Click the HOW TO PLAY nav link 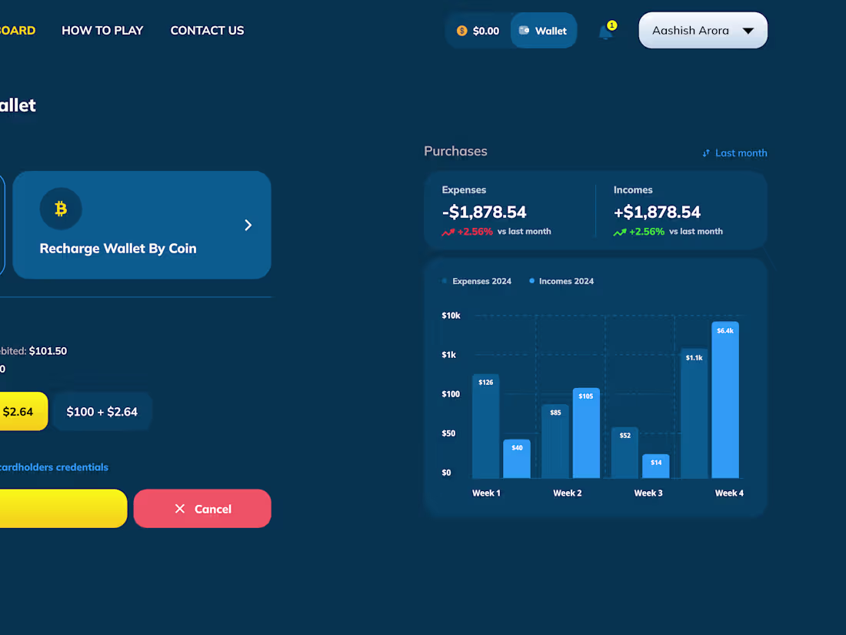(102, 31)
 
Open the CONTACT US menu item (207, 31)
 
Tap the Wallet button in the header (543, 31)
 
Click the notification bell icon (606, 32)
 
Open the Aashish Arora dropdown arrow (748, 31)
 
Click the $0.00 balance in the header (478, 31)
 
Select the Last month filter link (734, 153)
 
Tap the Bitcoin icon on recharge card (61, 209)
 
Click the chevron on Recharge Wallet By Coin (248, 225)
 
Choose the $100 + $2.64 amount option (102, 412)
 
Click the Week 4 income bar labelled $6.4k (725, 400)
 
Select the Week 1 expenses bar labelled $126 (485, 426)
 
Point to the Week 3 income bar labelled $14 (656, 466)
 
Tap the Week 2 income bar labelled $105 (586, 433)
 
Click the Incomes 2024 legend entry (561, 282)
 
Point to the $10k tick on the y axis (451, 316)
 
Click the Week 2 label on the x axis (568, 493)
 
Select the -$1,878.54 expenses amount (485, 212)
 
